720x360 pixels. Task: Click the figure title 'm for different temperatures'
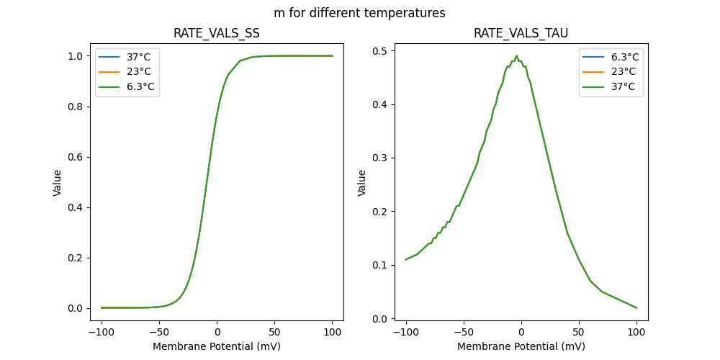pyautogui.click(x=359, y=13)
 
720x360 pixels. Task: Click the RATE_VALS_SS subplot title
pyautogui.click(x=217, y=34)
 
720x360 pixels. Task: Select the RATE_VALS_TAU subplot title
pyautogui.click(x=521, y=34)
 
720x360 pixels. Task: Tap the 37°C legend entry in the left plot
pyautogui.click(x=136, y=56)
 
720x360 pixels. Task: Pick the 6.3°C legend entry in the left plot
pyautogui.click(x=138, y=86)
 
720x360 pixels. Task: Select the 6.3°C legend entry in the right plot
pyautogui.click(x=624, y=56)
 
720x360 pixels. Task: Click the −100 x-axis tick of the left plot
pyautogui.click(x=102, y=332)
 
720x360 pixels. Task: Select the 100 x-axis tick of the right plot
pyautogui.click(x=636, y=332)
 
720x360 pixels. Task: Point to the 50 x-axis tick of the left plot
pyautogui.click(x=274, y=332)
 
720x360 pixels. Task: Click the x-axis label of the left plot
pyautogui.click(x=217, y=346)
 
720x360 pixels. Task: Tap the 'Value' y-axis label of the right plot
pyautogui.click(x=362, y=183)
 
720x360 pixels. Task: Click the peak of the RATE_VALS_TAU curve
pyautogui.click(x=516, y=56)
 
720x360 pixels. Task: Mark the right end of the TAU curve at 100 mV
pyautogui.click(x=636, y=307)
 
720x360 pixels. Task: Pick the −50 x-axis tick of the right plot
pyautogui.click(x=464, y=332)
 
